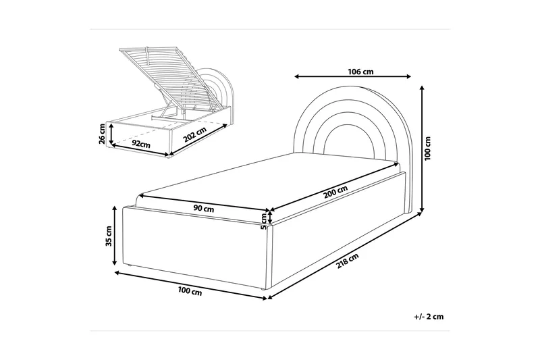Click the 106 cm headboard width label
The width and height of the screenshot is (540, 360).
point(360,72)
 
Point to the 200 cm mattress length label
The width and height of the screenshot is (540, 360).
point(335,192)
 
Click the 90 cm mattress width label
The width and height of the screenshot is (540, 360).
point(204,209)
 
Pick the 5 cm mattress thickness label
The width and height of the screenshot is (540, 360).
point(264,222)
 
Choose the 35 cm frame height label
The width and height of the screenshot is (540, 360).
point(109,236)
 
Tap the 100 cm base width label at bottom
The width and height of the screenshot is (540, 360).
point(190,292)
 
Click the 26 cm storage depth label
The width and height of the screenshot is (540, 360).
point(102,134)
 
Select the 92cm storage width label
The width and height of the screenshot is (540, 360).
point(141,144)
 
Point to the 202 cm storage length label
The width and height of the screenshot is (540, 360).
point(195,134)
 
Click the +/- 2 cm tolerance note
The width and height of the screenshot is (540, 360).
point(429,317)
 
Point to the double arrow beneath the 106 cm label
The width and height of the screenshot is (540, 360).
point(353,77)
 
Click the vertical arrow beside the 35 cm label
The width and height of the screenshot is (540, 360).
point(115,236)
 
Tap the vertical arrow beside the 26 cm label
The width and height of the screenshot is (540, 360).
point(111,134)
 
